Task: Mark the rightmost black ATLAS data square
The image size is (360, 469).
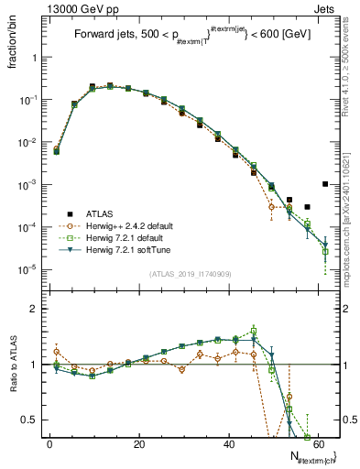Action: coord(325,184)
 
